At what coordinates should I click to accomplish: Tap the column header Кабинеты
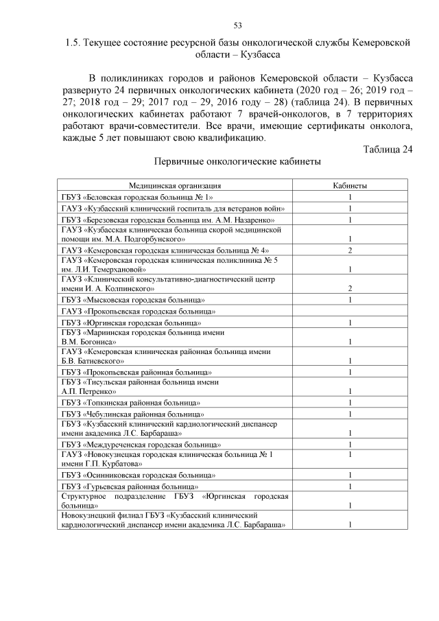(x=350, y=186)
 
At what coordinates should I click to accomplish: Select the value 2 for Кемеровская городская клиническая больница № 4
(x=350, y=250)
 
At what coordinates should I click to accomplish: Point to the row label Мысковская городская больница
(x=132, y=300)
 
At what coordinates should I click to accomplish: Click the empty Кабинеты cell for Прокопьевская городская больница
(x=350, y=312)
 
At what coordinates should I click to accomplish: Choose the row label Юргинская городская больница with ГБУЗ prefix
(x=131, y=323)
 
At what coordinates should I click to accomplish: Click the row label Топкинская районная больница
(x=131, y=402)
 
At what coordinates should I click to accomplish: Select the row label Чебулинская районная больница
(x=132, y=414)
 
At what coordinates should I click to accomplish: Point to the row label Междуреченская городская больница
(x=141, y=444)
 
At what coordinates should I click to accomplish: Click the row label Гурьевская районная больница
(x=130, y=486)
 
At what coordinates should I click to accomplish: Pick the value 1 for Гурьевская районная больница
(x=350, y=487)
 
